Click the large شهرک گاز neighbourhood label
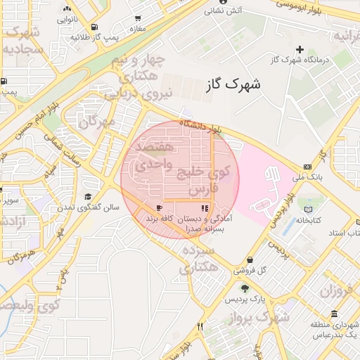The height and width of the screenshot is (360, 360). pos(234,84)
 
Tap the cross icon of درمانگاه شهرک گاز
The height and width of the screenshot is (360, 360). pos(300,49)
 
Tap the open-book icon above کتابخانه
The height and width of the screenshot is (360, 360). pos(308,208)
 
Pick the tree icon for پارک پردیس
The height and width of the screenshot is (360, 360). pos(245,288)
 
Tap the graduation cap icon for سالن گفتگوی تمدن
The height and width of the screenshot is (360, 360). pos(88,196)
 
